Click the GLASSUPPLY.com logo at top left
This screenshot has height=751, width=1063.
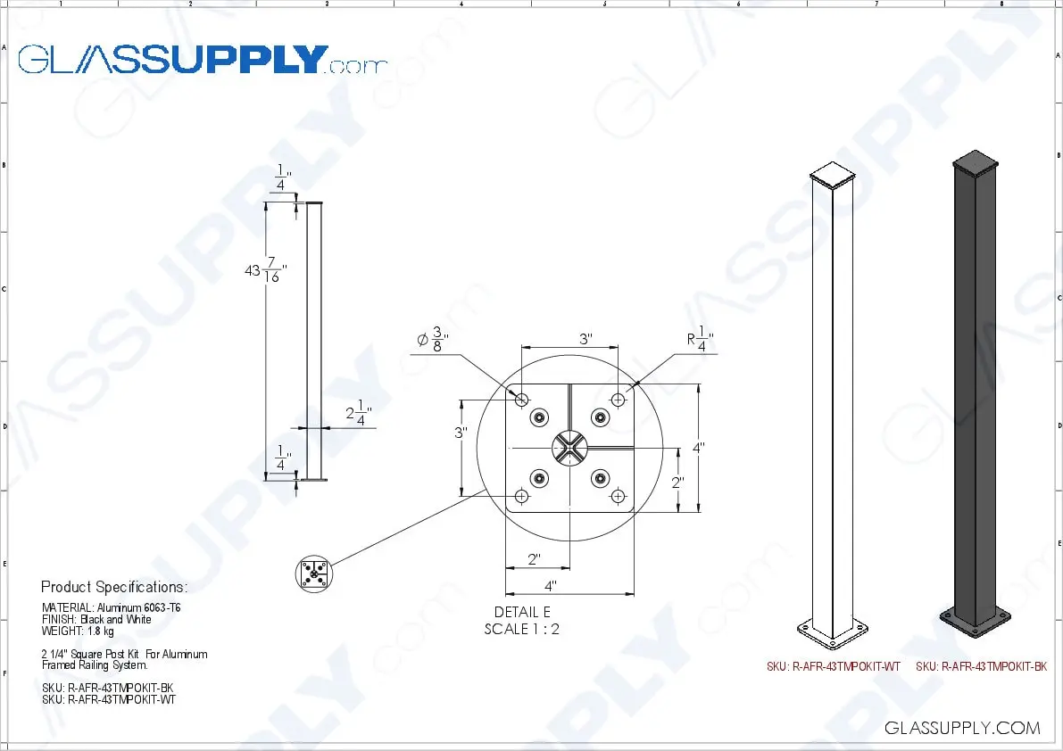click(x=203, y=60)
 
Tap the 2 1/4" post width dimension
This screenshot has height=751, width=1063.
click(x=357, y=415)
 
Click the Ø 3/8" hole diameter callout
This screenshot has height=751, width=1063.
click(x=431, y=340)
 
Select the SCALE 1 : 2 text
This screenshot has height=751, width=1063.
click(x=521, y=629)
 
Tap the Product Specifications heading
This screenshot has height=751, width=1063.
click(x=114, y=587)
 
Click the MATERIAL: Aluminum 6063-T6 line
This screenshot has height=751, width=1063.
click(x=112, y=607)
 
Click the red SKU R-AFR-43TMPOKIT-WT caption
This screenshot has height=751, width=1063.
click(x=834, y=666)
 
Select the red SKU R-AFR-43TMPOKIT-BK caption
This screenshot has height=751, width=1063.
click(x=981, y=666)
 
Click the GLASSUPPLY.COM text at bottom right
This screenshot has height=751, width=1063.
click(x=962, y=728)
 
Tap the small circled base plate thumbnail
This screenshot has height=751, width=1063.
click(x=313, y=574)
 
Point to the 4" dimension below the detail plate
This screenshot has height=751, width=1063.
click(x=551, y=586)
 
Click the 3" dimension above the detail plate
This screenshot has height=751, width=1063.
click(x=585, y=339)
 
